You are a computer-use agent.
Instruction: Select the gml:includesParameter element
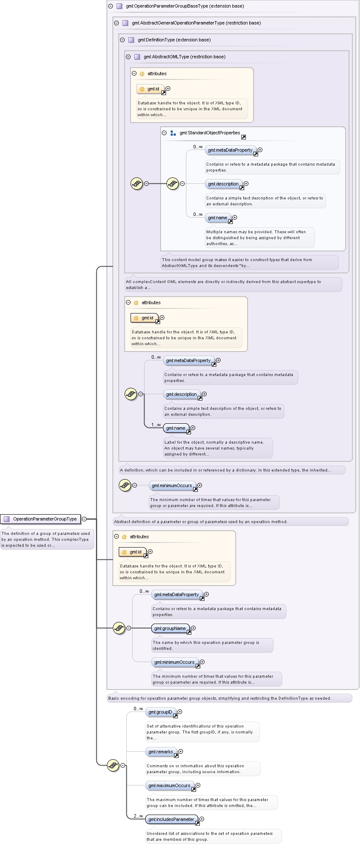(172, 819)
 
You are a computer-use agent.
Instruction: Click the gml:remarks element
(161, 752)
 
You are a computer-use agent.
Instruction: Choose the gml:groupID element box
(161, 712)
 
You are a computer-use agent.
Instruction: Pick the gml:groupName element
(170, 628)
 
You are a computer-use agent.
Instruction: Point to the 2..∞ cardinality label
(138, 816)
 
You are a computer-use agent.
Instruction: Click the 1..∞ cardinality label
(156, 425)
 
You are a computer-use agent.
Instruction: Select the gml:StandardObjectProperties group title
(210, 133)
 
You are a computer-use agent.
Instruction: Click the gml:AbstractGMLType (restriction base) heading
(184, 57)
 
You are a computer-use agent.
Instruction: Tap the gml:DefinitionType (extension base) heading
(174, 40)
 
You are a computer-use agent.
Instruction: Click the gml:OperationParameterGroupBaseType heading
(185, 6)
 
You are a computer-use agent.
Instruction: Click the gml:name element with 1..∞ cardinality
(176, 428)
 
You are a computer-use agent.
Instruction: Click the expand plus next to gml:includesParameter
(202, 819)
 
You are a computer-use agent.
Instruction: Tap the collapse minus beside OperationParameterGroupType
(84, 519)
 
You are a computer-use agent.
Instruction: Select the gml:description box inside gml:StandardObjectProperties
(224, 184)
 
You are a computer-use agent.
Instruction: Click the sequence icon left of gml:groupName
(119, 628)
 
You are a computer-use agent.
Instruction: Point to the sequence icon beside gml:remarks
(113, 765)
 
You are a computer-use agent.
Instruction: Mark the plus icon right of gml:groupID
(180, 712)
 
